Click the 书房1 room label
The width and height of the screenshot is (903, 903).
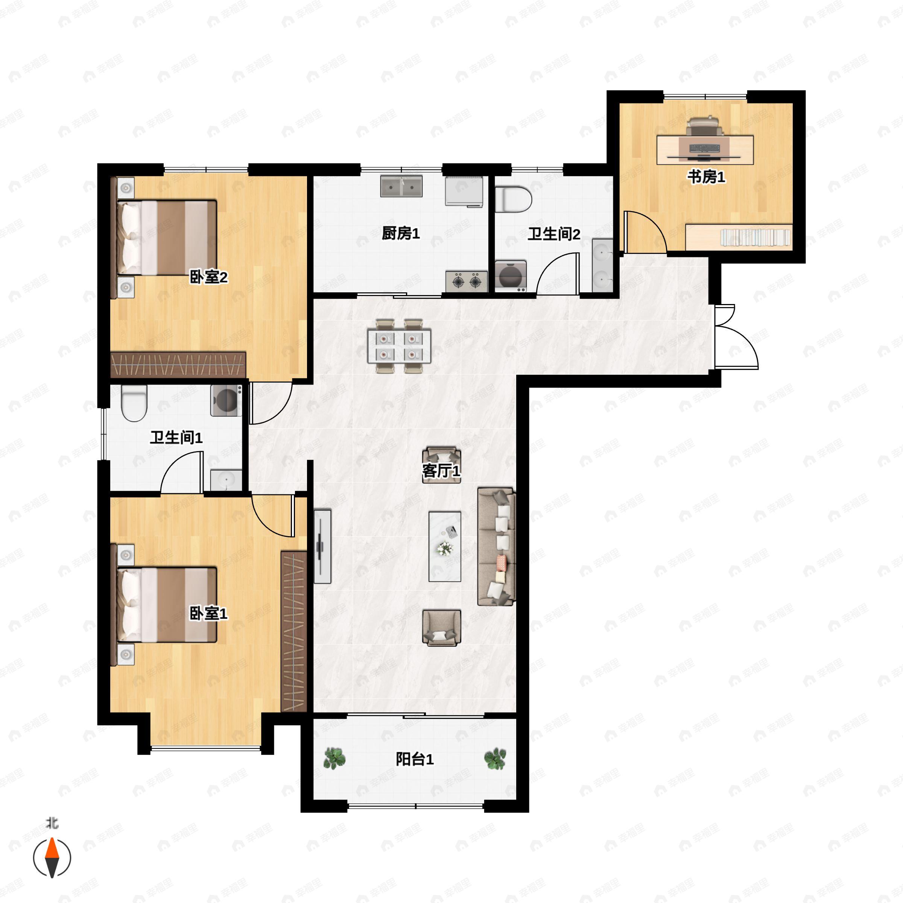(x=706, y=177)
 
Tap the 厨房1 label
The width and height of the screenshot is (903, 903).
(x=401, y=233)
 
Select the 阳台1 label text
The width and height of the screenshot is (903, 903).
(x=415, y=759)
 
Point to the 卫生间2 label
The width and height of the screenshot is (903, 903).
(x=554, y=234)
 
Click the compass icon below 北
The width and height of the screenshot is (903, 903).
(x=52, y=858)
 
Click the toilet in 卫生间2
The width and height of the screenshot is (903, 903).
(x=513, y=199)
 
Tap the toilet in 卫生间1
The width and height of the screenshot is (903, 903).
(x=134, y=403)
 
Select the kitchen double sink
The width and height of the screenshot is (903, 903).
(x=401, y=186)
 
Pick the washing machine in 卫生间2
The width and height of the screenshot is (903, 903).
(x=511, y=276)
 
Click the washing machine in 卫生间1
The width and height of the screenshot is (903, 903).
(x=226, y=400)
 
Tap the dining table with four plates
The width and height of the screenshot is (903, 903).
(x=399, y=346)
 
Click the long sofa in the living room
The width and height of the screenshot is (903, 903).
(x=496, y=546)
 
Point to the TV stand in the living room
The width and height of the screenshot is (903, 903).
(x=322, y=546)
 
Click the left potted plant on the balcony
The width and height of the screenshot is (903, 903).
(x=334, y=758)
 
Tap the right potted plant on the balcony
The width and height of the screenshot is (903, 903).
(x=495, y=758)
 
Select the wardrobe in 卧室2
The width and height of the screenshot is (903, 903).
(x=178, y=365)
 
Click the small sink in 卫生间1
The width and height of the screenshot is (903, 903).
(x=226, y=480)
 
